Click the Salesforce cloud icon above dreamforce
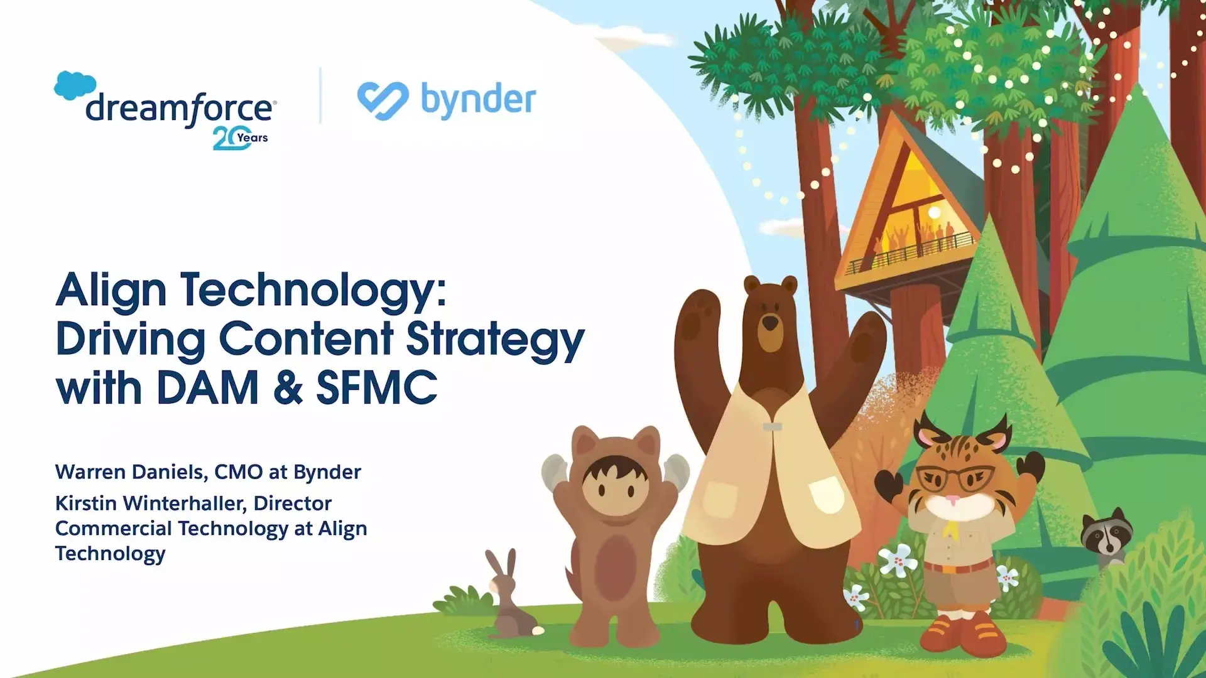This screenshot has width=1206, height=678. point(75,86)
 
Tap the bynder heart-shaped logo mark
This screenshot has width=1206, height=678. point(383,100)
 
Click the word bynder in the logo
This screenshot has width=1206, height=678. point(478,100)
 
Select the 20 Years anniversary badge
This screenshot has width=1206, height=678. point(241,139)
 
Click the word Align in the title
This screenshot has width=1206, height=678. point(111,292)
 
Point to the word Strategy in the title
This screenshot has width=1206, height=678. point(496,341)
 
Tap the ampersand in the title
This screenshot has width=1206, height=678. point(288,387)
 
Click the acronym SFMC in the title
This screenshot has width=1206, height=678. point(376,387)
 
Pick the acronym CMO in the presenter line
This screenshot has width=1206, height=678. point(239,472)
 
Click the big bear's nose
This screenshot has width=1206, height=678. point(769,323)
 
